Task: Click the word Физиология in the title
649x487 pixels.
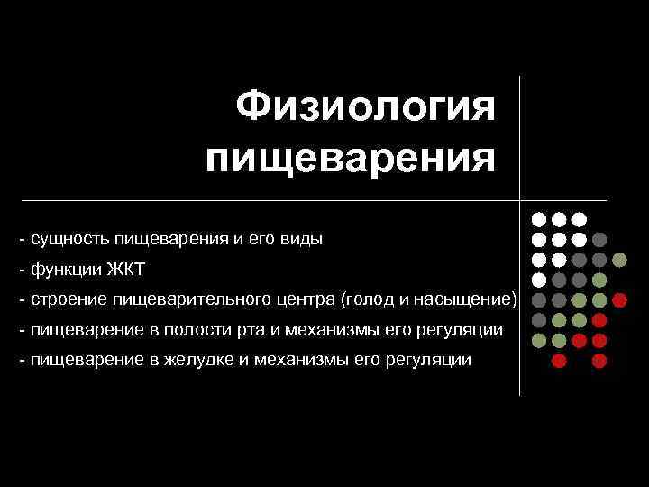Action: coord(366,109)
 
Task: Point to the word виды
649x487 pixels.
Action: coord(302,240)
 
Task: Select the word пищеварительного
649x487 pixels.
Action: coord(182,299)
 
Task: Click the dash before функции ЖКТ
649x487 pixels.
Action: coord(22,270)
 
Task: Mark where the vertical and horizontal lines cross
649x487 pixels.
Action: coord(520,198)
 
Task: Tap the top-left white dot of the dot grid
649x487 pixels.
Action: coord(538,219)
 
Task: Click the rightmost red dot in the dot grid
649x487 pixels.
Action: coord(620,299)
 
